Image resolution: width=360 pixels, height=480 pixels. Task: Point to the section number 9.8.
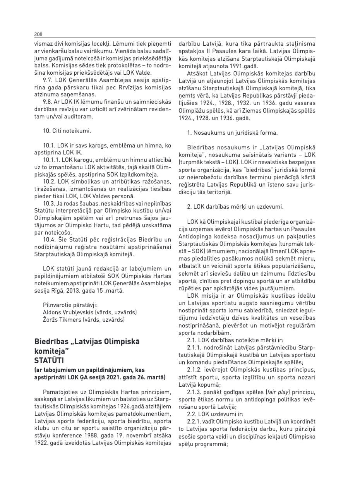point(48,102)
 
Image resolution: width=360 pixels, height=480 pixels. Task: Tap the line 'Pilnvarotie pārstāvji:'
point(70,305)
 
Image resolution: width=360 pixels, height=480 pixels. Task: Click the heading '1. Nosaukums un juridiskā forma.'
point(232,133)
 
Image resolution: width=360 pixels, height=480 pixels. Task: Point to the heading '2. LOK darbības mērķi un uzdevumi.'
point(235,207)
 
